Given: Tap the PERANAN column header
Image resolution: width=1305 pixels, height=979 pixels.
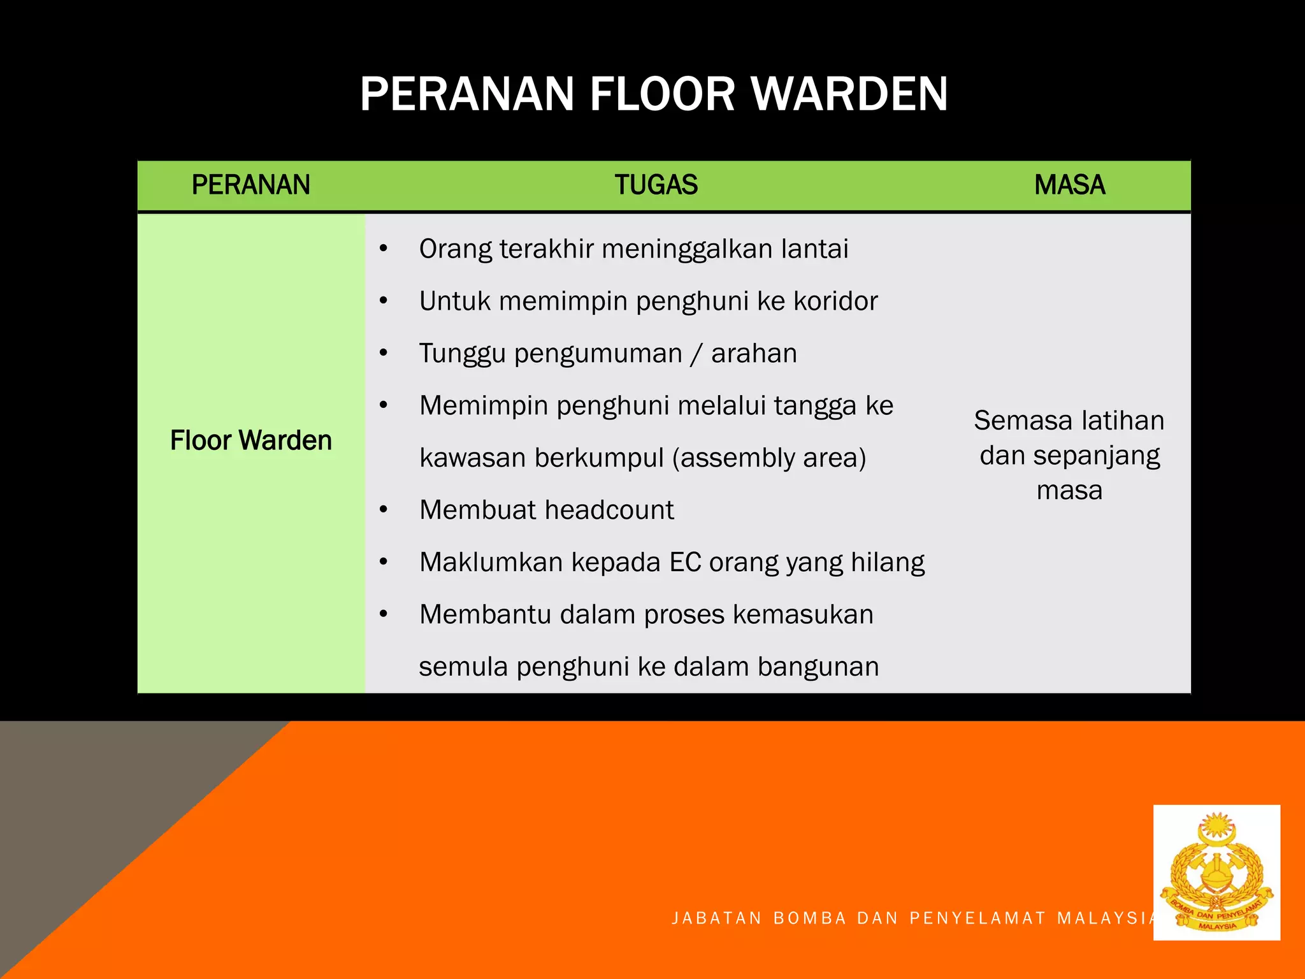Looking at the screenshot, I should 250,185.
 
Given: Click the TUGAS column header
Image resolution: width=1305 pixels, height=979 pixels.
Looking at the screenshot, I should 656,185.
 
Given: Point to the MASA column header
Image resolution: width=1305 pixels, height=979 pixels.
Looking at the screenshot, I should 1069,185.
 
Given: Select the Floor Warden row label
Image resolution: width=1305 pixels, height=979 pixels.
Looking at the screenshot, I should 250,440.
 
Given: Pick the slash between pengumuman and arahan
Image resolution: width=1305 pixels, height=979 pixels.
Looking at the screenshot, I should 696,354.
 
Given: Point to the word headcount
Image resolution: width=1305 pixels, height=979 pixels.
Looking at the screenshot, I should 609,510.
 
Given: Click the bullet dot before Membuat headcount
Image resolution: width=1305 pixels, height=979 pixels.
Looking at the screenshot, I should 383,510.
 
